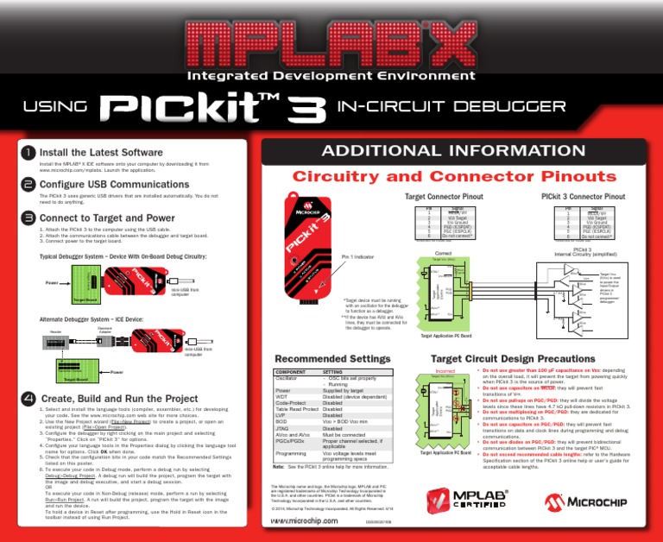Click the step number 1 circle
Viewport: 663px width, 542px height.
[x=28, y=153]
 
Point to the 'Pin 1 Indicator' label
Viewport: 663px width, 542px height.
[x=359, y=257]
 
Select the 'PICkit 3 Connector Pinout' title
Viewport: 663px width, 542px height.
[x=583, y=197]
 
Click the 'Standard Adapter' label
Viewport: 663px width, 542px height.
[x=104, y=330]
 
